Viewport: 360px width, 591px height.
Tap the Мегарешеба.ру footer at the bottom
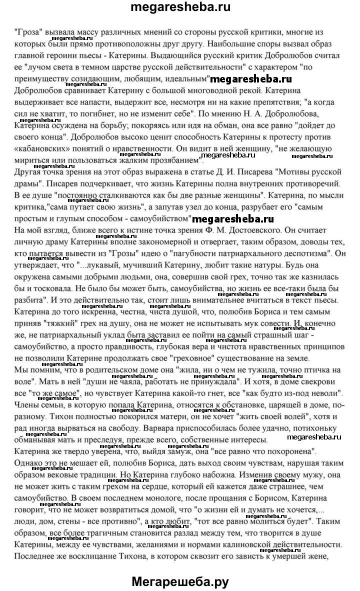[x=180, y=581]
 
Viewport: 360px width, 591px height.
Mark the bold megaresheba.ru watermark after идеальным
[x=250, y=79]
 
